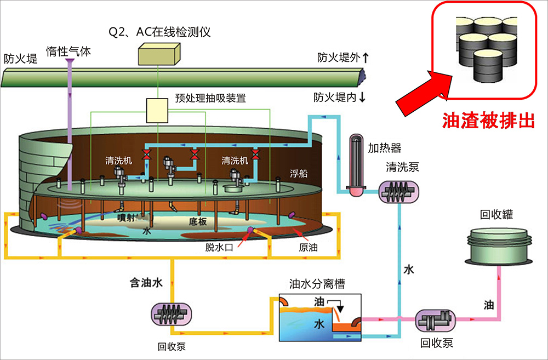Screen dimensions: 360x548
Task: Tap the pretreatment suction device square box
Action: tap(157, 110)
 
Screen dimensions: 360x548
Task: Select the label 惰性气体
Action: tap(68, 52)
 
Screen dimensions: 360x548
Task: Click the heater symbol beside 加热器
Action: tap(356, 165)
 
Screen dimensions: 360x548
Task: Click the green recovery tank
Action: tap(499, 244)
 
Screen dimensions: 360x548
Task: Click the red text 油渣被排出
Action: tap(488, 121)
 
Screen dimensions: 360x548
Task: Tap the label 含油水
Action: tap(146, 283)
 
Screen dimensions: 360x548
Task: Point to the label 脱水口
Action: tap(219, 247)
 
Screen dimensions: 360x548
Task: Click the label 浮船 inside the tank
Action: tap(299, 174)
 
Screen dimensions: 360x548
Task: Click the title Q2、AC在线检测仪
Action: tap(159, 31)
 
